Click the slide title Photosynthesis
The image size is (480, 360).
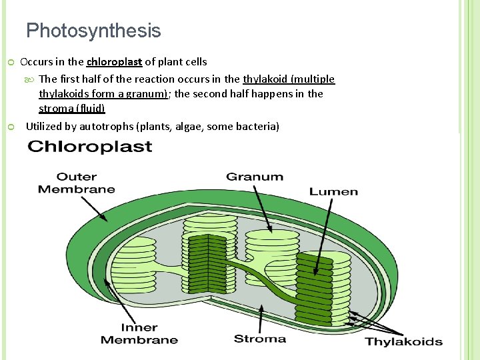(x=93, y=31)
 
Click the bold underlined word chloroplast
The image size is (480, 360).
(x=114, y=62)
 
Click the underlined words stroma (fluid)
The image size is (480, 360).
(x=72, y=108)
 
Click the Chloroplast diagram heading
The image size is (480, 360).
(x=89, y=147)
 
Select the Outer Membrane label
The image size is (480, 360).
(x=76, y=183)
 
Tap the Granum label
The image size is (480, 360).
(x=255, y=177)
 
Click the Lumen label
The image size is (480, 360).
(x=333, y=191)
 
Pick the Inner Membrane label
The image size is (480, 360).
(x=139, y=333)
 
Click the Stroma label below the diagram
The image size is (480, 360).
(x=260, y=339)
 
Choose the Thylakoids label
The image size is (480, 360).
(x=403, y=342)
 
